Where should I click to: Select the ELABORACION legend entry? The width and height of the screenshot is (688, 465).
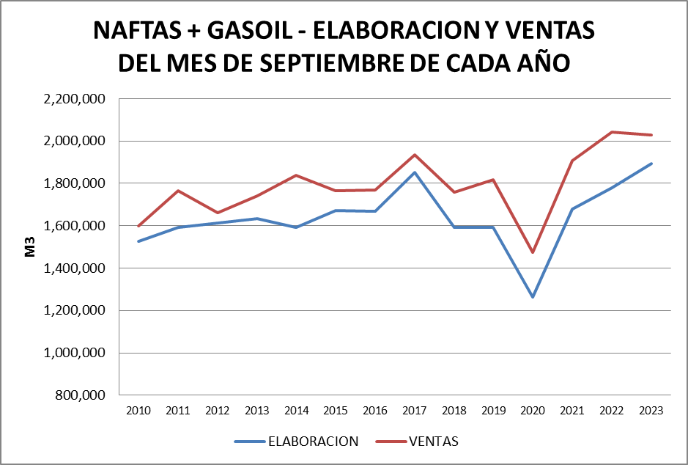296,442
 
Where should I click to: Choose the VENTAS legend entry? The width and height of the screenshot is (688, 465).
418,442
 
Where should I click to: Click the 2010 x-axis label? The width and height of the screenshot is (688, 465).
138,411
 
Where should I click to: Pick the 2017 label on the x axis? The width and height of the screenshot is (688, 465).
414,411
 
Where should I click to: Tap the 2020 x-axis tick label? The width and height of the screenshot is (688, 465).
533,411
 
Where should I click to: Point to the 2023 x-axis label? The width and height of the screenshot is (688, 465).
651,411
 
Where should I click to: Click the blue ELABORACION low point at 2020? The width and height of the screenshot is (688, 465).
533,297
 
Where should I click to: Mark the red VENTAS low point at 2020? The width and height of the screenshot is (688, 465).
533,252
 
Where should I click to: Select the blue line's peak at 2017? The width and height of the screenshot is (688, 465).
414,172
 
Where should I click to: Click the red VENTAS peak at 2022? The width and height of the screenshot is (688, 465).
612,132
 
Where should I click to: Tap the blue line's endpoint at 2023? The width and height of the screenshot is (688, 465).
651,164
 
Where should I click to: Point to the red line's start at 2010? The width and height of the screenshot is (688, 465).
138,226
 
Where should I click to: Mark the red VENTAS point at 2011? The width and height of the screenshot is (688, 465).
178,191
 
